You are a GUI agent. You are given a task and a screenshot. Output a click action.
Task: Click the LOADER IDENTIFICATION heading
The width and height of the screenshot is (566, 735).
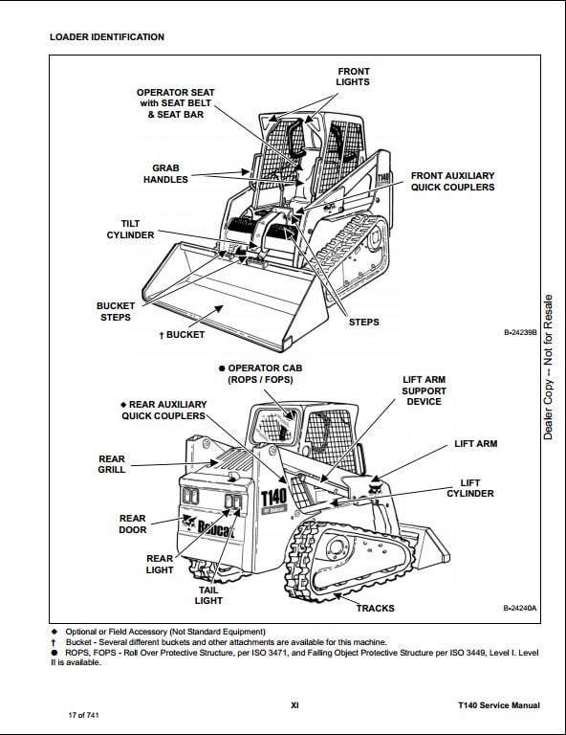click(x=107, y=37)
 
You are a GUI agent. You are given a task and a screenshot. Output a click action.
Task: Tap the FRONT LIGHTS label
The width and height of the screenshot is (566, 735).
click(x=353, y=77)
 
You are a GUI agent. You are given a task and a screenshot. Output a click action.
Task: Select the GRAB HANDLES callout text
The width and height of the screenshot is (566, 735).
click(x=165, y=173)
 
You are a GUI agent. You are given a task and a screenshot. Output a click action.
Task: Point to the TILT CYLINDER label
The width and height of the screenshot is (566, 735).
click(x=130, y=230)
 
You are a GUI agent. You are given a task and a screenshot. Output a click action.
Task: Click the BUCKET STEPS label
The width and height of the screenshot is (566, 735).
click(x=115, y=311)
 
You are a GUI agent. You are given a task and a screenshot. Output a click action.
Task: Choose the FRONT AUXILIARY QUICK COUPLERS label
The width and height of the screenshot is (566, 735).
click(x=453, y=182)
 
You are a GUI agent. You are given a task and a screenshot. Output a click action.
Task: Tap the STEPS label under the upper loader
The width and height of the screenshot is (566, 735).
click(x=363, y=322)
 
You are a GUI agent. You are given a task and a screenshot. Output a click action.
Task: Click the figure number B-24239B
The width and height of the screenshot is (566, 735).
click(x=520, y=332)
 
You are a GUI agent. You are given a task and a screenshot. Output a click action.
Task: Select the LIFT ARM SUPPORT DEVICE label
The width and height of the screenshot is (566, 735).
click(x=424, y=390)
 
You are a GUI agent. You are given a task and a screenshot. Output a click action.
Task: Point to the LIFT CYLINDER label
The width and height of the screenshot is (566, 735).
click(x=470, y=488)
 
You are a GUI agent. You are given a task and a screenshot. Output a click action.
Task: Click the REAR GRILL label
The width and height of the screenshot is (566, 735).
click(x=112, y=464)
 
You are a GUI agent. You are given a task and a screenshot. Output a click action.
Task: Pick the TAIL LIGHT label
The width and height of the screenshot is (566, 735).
click(x=208, y=595)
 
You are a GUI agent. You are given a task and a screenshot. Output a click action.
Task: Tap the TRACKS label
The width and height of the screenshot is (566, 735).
click(x=376, y=608)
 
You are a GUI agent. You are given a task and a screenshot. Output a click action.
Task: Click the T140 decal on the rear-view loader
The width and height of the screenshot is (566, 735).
click(x=273, y=499)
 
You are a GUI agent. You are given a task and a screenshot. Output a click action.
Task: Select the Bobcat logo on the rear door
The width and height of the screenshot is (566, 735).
click(x=209, y=527)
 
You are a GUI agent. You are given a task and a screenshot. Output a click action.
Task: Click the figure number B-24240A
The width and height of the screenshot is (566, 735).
click(x=520, y=608)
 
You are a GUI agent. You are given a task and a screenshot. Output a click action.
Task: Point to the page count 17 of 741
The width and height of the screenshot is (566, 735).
click(x=84, y=715)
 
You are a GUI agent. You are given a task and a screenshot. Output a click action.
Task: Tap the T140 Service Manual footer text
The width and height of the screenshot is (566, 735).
click(x=498, y=705)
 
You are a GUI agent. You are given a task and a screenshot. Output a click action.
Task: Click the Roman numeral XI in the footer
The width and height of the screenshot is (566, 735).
click(x=294, y=705)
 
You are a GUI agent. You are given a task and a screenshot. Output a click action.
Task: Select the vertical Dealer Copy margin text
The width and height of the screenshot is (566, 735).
click(x=548, y=367)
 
